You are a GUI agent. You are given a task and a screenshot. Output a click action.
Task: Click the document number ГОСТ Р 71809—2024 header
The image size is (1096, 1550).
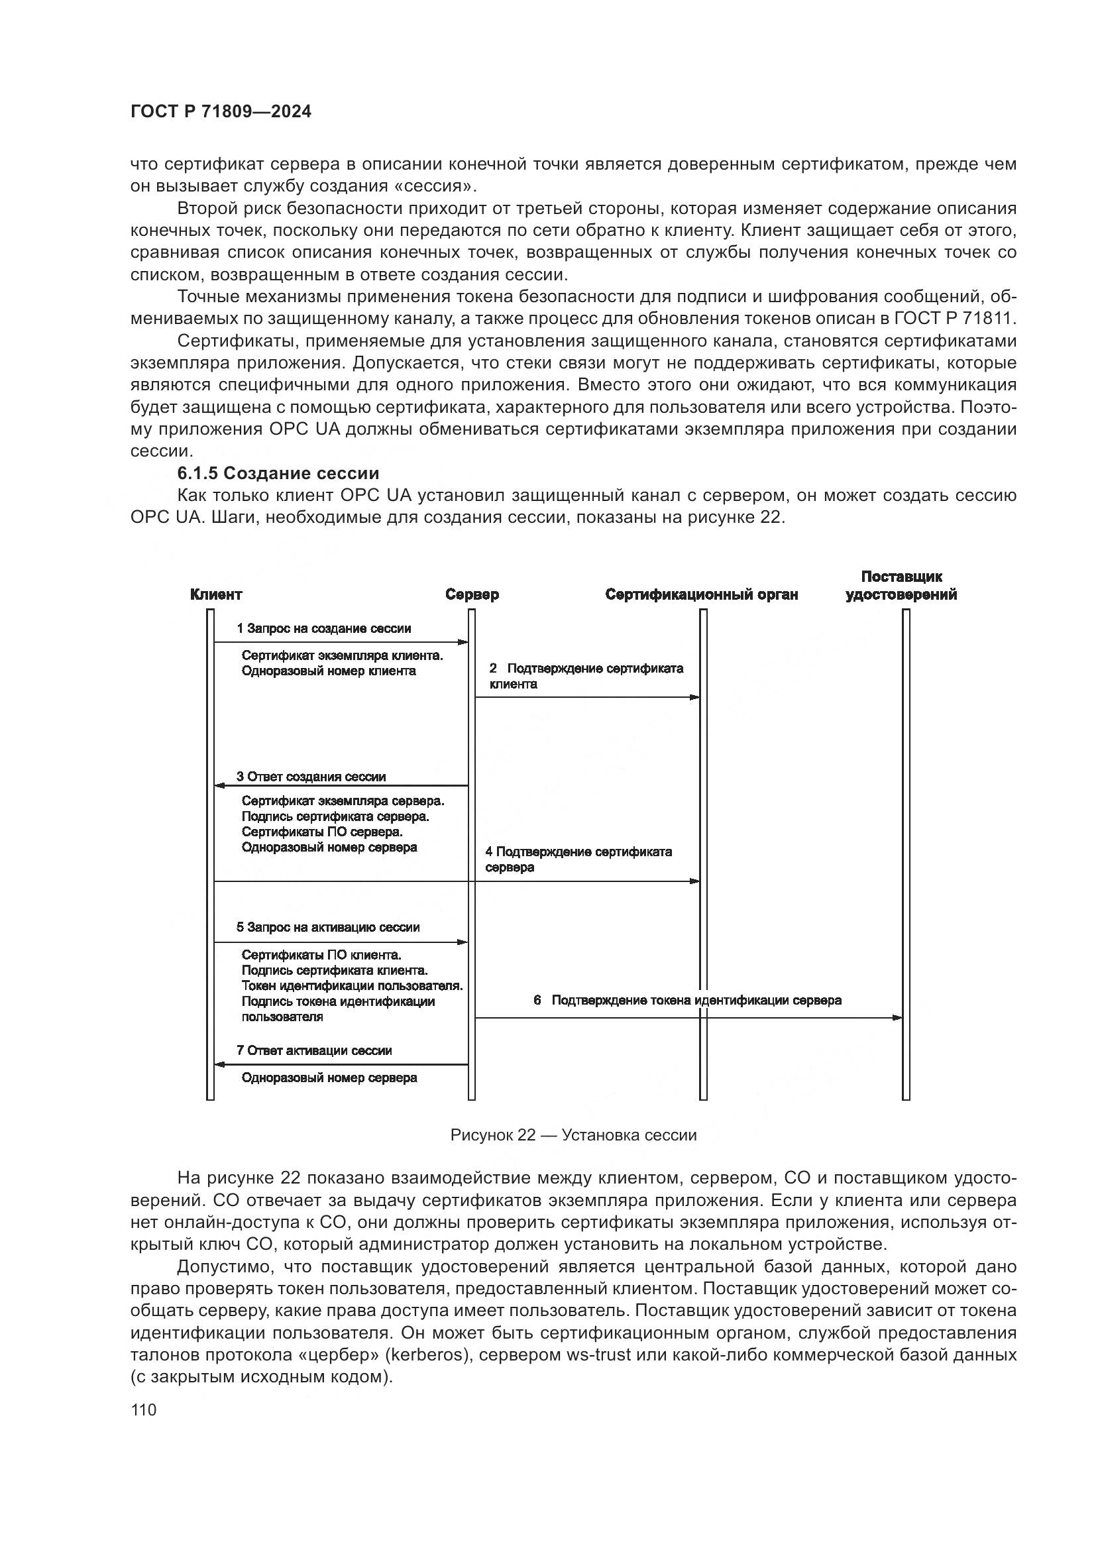[221, 112]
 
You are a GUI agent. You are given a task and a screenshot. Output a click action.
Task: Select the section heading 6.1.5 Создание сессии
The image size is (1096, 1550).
[278, 473]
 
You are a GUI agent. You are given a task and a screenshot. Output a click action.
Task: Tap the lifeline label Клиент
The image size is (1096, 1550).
[216, 594]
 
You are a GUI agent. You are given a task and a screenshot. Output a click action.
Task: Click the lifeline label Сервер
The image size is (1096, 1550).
[472, 594]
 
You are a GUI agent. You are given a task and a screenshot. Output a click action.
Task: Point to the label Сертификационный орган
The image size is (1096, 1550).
[701, 594]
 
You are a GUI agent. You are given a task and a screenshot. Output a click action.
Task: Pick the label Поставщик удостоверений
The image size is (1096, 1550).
[901, 585]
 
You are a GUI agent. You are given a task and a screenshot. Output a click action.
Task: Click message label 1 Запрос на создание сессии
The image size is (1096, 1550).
[323, 628]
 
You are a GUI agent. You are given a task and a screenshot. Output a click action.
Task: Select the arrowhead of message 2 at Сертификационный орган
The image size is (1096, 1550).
[694, 697]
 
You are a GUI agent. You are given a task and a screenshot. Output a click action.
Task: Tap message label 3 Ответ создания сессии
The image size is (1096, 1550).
[311, 777]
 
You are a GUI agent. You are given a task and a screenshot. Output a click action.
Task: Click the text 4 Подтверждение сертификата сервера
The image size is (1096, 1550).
[578, 859]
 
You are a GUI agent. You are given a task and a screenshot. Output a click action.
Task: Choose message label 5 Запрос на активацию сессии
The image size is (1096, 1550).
[328, 927]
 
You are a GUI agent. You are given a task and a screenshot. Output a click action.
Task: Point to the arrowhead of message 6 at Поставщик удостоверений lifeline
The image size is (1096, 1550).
[897, 1017]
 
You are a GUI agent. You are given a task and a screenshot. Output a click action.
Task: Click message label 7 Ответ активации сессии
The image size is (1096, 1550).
[314, 1050]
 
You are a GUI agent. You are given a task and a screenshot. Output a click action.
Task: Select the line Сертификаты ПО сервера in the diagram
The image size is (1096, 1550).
[322, 832]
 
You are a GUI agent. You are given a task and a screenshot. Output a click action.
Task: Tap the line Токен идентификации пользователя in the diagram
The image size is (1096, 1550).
[352, 985]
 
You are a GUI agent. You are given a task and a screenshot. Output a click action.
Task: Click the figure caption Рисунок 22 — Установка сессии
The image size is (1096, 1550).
[573, 1135]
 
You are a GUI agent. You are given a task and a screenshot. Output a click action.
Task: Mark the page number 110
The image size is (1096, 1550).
[144, 1410]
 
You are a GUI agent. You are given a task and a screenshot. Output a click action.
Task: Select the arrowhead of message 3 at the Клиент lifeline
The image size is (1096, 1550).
[219, 786]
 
